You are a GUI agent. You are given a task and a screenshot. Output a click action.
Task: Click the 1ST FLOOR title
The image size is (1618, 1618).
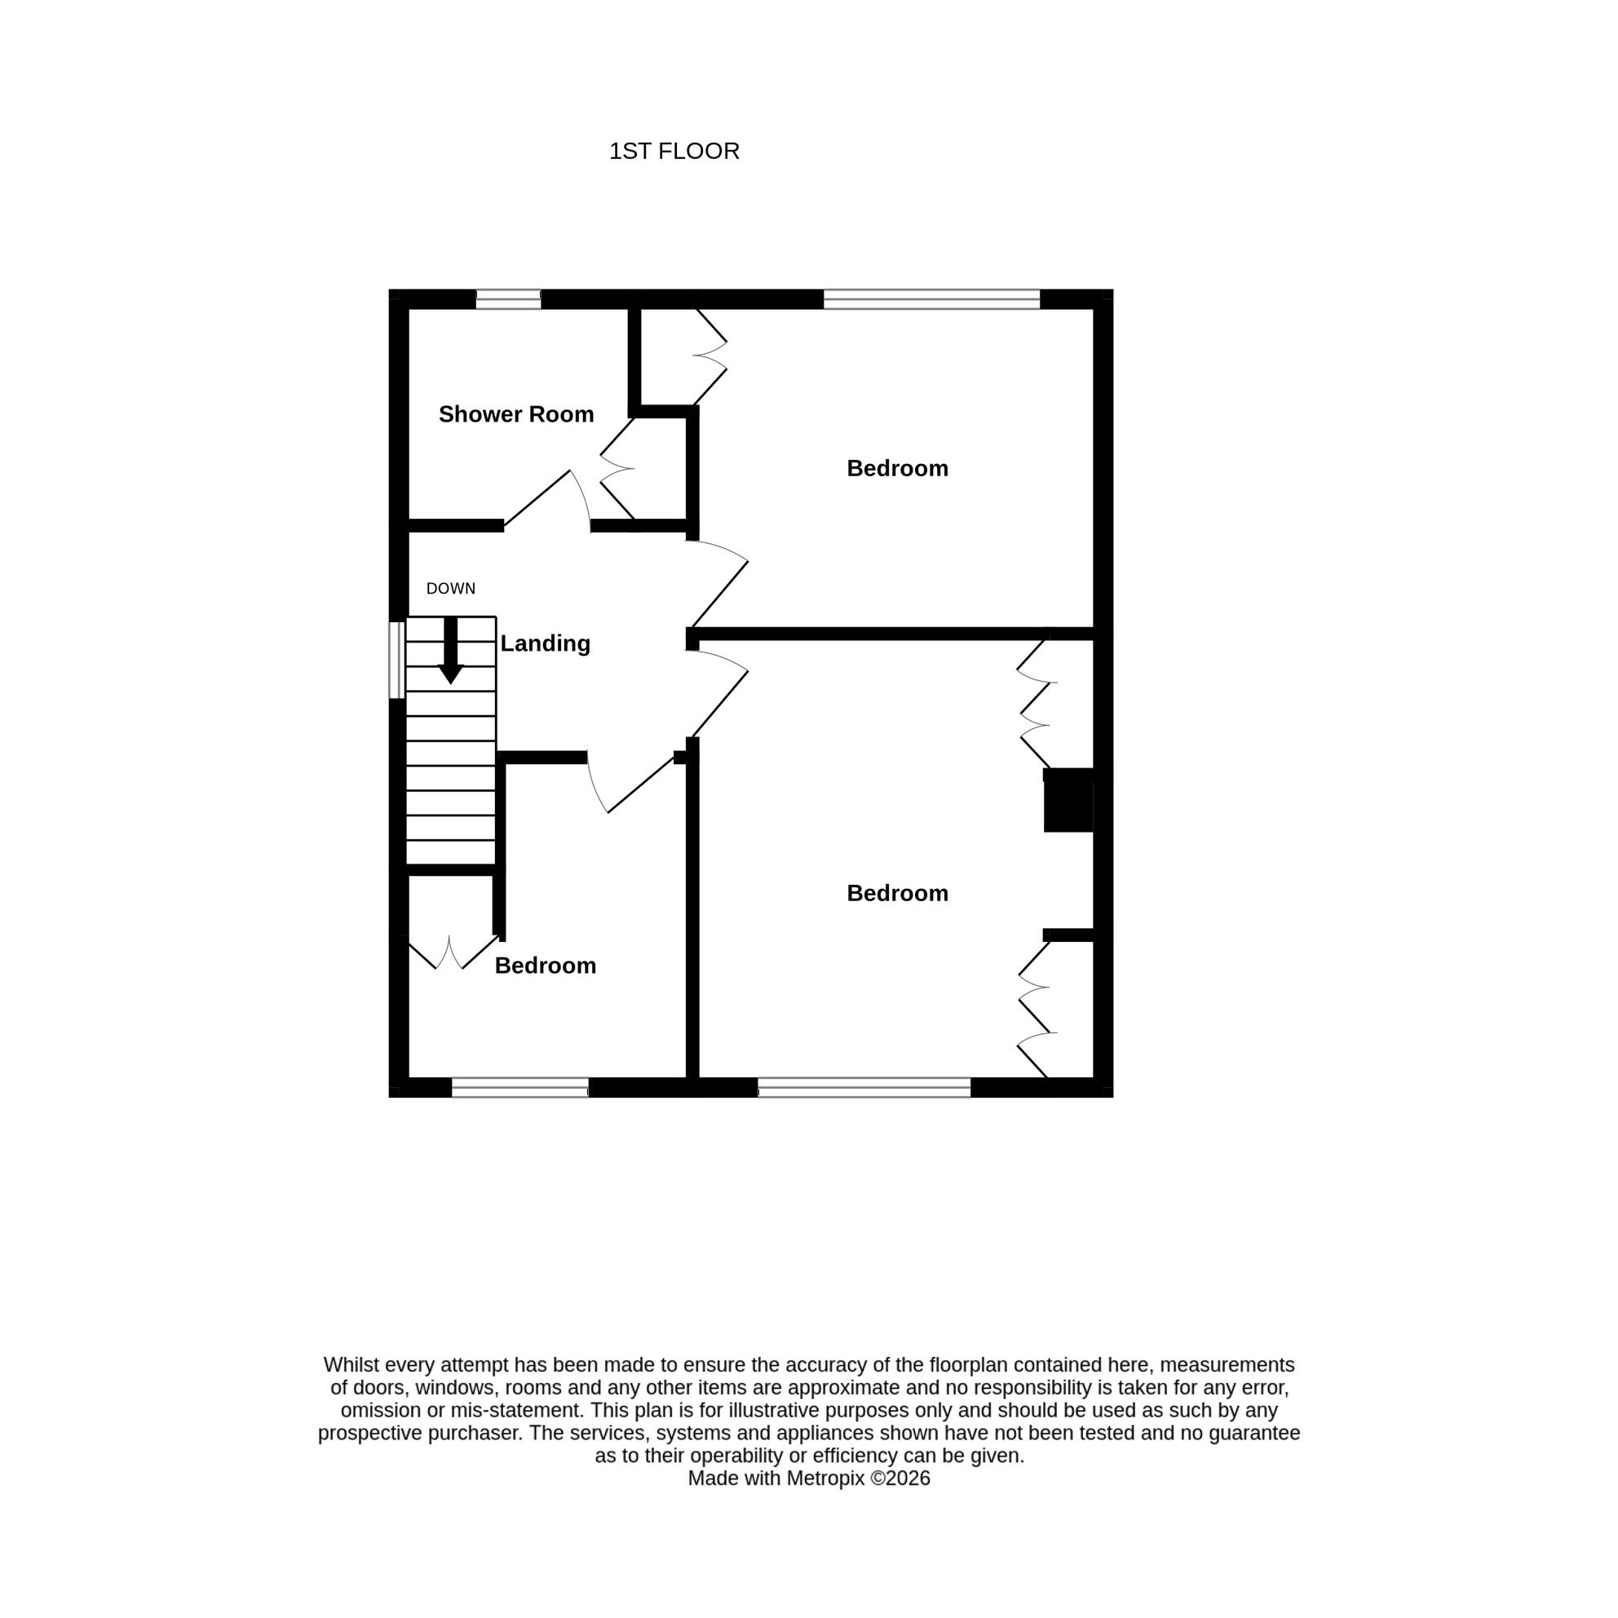(x=674, y=152)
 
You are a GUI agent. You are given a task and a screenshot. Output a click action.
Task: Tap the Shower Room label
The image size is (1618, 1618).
(x=516, y=413)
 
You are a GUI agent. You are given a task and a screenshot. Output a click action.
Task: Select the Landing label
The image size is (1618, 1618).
(x=546, y=643)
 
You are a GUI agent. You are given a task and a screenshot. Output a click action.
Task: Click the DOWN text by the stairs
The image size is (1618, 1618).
(x=450, y=589)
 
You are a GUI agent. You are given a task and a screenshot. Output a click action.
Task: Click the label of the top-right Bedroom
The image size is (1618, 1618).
(x=897, y=468)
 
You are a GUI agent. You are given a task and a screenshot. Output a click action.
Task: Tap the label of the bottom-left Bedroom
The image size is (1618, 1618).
(x=546, y=966)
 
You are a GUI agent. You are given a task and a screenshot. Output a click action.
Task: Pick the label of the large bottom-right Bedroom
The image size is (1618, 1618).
(x=897, y=893)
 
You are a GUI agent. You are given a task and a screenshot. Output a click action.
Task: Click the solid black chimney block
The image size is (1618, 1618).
(x=1068, y=800)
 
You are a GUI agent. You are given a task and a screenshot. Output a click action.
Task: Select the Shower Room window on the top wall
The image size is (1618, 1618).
(x=508, y=299)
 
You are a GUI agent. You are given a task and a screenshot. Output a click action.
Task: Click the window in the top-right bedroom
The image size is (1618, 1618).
(x=931, y=299)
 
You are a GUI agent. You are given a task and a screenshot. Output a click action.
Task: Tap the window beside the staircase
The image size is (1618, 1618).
(x=397, y=660)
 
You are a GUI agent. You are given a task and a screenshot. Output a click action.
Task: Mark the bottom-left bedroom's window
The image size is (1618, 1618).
(x=520, y=1087)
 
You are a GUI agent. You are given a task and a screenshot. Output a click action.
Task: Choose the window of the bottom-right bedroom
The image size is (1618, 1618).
(x=864, y=1087)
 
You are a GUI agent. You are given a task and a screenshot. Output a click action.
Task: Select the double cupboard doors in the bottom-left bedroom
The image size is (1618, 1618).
(x=453, y=953)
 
